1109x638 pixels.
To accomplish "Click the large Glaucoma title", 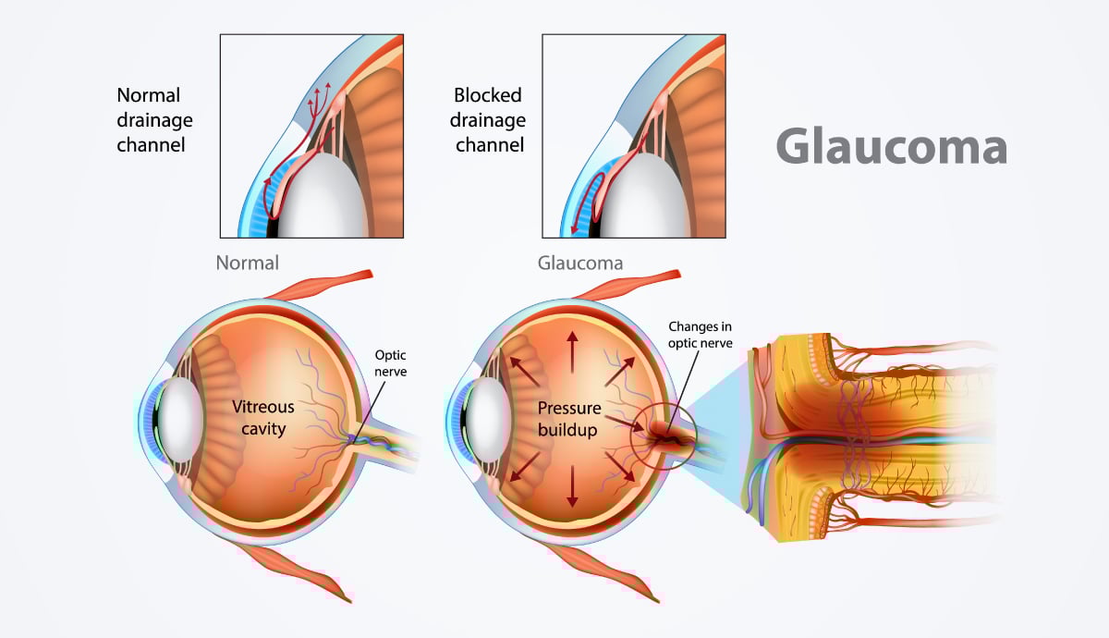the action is click(x=892, y=146).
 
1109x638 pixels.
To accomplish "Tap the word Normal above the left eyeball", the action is click(x=247, y=263).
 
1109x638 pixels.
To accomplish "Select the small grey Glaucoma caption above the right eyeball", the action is click(x=580, y=263).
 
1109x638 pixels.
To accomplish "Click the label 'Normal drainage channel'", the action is click(x=154, y=120).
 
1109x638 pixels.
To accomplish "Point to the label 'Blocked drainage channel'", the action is click(x=488, y=120).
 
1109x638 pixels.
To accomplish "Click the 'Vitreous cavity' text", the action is click(x=263, y=418).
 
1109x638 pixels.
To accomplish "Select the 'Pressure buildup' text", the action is click(x=569, y=419).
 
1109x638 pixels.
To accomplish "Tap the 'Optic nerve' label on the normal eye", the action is click(x=391, y=363).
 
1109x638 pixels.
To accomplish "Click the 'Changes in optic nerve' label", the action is click(x=701, y=335).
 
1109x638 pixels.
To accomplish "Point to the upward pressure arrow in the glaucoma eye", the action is click(x=572, y=352).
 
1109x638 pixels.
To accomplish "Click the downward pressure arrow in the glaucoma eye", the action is click(x=572, y=486).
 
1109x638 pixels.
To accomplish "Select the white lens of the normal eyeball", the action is click(x=181, y=420).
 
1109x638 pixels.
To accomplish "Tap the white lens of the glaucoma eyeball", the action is click(x=489, y=420).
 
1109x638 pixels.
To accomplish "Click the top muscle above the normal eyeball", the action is click(x=320, y=286).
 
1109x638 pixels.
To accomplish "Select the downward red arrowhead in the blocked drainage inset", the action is click(x=575, y=228).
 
